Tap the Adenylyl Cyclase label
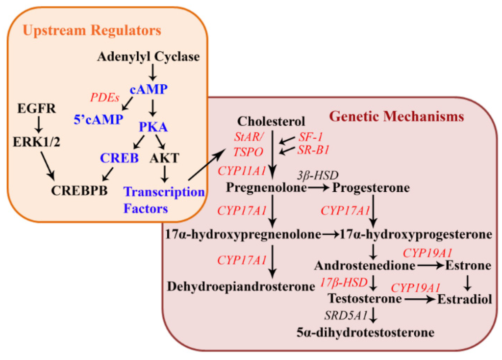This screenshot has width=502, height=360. (x=149, y=57)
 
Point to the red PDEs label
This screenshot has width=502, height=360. (x=104, y=97)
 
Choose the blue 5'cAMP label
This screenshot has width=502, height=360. (x=99, y=119)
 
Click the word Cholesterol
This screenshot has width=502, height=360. (x=271, y=121)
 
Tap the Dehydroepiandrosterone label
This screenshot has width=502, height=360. (x=241, y=286)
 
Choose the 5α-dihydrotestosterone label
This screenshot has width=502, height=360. (x=365, y=333)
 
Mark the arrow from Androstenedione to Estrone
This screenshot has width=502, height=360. (x=429, y=266)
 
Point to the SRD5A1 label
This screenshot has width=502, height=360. (x=343, y=314)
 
